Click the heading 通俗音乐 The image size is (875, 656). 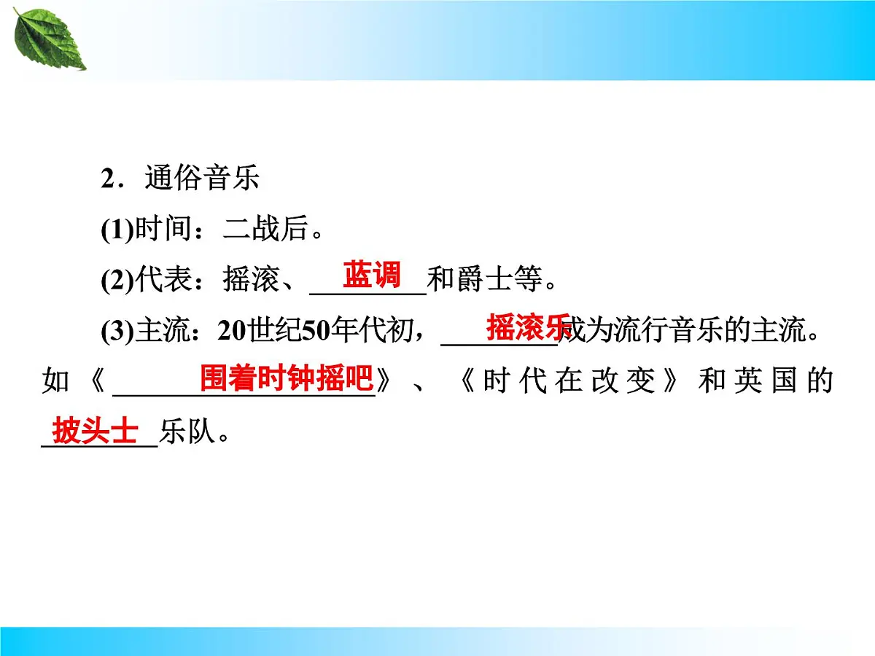point(202,178)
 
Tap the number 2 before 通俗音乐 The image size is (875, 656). point(107,179)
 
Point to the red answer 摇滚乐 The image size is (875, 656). point(529,327)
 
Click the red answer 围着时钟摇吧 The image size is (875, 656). point(286,379)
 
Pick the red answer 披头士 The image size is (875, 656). point(95,432)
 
